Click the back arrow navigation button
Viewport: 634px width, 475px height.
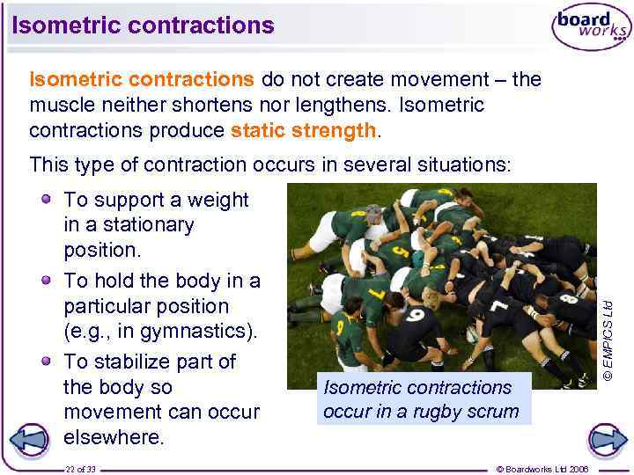click(x=32, y=439)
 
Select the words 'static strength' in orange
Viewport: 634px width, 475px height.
click(x=304, y=131)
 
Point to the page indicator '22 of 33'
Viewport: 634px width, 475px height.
click(x=80, y=469)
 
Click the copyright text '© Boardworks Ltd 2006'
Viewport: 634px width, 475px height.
click(x=542, y=469)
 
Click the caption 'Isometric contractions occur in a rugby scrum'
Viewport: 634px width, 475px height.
click(x=422, y=398)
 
